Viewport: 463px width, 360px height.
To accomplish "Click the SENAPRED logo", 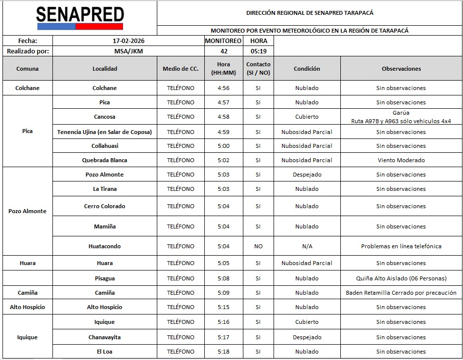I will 79,18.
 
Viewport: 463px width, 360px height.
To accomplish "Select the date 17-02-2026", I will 128,41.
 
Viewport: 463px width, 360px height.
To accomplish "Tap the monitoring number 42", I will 223,51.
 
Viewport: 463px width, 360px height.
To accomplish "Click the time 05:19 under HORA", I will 258,51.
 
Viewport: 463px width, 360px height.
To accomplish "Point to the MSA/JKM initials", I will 128,51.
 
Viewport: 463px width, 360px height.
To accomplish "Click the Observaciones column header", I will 401,69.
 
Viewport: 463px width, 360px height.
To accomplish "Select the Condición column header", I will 307,69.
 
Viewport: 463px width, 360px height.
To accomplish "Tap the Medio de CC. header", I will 181,69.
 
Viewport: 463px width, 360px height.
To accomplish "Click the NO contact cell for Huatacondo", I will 258,246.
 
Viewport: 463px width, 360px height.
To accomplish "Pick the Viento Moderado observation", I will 401,160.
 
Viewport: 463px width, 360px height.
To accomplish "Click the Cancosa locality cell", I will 104,117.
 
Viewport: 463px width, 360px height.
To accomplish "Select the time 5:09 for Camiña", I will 223,293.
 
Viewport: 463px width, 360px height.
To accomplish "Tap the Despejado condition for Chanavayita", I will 307,337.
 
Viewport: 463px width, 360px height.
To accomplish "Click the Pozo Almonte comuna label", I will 27,211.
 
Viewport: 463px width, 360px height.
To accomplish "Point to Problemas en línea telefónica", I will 401,246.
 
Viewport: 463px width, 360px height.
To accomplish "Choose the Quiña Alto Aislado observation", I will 401,278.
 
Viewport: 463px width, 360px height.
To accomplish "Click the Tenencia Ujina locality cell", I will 104,132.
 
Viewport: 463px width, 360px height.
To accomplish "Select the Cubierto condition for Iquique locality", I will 307,322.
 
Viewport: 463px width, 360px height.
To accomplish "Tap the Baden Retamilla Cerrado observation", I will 401,293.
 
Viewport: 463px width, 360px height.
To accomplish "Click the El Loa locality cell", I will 104,352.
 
